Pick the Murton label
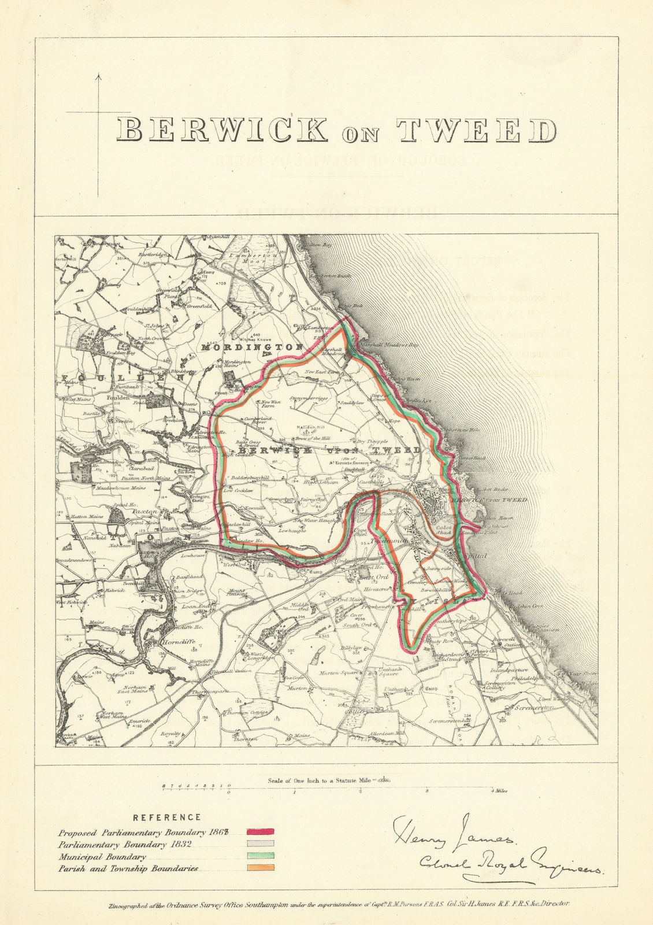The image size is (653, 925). (x=298, y=689)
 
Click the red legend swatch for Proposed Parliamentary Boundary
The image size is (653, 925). (x=260, y=832)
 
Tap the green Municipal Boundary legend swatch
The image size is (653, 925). (x=260, y=856)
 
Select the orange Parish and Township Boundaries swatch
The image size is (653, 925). (x=260, y=868)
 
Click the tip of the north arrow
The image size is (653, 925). (x=98, y=75)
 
